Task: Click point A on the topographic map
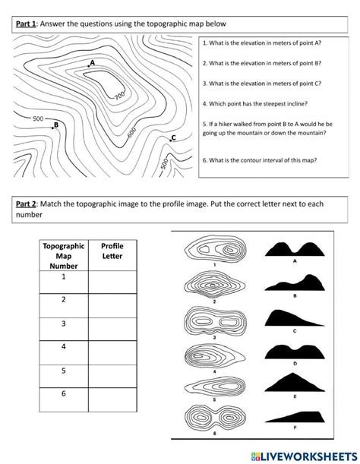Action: [88, 66]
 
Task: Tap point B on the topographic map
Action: [52, 128]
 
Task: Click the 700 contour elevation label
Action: [119, 96]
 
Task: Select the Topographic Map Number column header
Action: [64, 256]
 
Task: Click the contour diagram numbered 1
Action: [216, 251]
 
